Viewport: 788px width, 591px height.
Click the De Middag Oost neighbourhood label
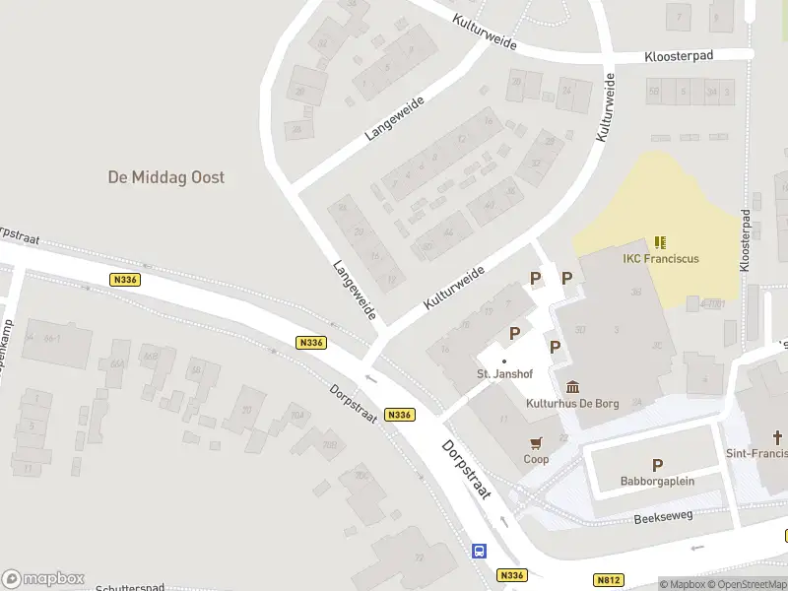[165, 177]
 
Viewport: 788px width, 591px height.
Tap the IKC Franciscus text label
[661, 259]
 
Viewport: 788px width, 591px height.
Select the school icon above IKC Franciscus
[660, 241]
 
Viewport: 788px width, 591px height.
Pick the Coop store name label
[536, 459]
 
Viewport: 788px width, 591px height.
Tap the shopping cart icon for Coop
[536, 442]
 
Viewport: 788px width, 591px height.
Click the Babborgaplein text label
[657, 482]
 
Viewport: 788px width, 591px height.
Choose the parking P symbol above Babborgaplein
[657, 465]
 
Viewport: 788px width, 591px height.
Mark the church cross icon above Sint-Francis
[777, 436]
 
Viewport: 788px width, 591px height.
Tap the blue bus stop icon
[480, 552]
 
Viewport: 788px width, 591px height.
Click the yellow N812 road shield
[609, 581]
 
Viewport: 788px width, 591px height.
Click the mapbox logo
[42, 579]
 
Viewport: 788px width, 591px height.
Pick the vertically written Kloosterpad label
[746, 240]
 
